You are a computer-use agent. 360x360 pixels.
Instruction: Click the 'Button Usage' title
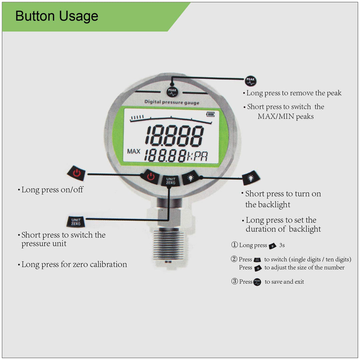[x=57, y=16]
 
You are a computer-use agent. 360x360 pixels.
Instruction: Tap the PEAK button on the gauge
[x=172, y=92]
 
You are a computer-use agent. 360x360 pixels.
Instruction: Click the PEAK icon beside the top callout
[x=250, y=81]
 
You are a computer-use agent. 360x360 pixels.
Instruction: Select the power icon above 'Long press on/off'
[x=76, y=173]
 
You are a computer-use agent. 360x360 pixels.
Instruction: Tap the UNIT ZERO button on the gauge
[x=170, y=181]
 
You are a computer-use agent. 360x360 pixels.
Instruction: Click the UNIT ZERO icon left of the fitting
[x=76, y=221]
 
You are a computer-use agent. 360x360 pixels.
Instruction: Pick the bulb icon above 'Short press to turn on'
[x=251, y=178]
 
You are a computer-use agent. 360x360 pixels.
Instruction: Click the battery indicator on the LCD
[x=211, y=114]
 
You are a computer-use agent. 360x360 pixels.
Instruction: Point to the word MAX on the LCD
[x=134, y=152]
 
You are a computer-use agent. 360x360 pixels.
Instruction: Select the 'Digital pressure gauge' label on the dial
[x=171, y=102]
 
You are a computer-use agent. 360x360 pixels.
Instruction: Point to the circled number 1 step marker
[x=234, y=245]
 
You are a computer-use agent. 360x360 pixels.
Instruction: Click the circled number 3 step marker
[x=234, y=282]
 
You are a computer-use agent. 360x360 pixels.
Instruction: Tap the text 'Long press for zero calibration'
[x=74, y=265]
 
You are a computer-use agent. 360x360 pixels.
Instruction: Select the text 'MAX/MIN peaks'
[x=285, y=117]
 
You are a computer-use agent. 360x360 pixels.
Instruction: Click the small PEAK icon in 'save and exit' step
[x=257, y=282]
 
